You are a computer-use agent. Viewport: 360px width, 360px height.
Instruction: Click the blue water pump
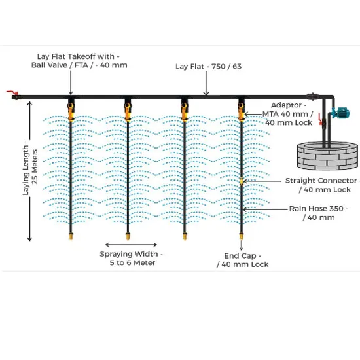tap(341, 113)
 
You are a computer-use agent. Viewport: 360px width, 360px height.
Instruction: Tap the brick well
tap(327, 156)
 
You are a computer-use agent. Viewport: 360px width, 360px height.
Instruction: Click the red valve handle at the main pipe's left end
tap(12, 92)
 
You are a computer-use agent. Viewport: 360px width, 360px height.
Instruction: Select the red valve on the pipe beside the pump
tap(320, 119)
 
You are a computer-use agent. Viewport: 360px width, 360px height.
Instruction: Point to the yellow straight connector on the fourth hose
tap(242, 181)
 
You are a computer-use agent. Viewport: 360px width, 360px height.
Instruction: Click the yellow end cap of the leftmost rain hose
tap(71, 236)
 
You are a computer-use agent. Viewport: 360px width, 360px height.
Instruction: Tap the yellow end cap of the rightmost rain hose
tap(242, 236)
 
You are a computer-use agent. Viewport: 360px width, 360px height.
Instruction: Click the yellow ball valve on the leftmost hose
tap(71, 112)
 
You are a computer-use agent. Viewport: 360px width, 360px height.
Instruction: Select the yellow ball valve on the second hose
tap(128, 112)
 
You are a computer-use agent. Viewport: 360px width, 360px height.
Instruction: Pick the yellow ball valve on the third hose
tap(185, 112)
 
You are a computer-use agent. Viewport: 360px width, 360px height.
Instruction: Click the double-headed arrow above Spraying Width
tap(131, 245)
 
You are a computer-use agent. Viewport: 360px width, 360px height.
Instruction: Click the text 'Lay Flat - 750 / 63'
tap(208, 67)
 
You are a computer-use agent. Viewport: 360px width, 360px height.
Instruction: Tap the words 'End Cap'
tap(240, 255)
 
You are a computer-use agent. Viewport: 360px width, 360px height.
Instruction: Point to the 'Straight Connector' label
tap(321, 181)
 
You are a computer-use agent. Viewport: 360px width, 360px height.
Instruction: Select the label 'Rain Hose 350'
tap(316, 209)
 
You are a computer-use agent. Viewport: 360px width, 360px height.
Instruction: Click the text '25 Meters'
tap(35, 167)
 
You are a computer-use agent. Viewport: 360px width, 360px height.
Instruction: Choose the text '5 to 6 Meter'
tap(132, 262)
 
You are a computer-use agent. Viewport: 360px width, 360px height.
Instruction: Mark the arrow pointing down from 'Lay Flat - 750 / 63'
tap(206, 83)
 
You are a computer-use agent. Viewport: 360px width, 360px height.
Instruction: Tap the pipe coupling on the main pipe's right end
tap(313, 97)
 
